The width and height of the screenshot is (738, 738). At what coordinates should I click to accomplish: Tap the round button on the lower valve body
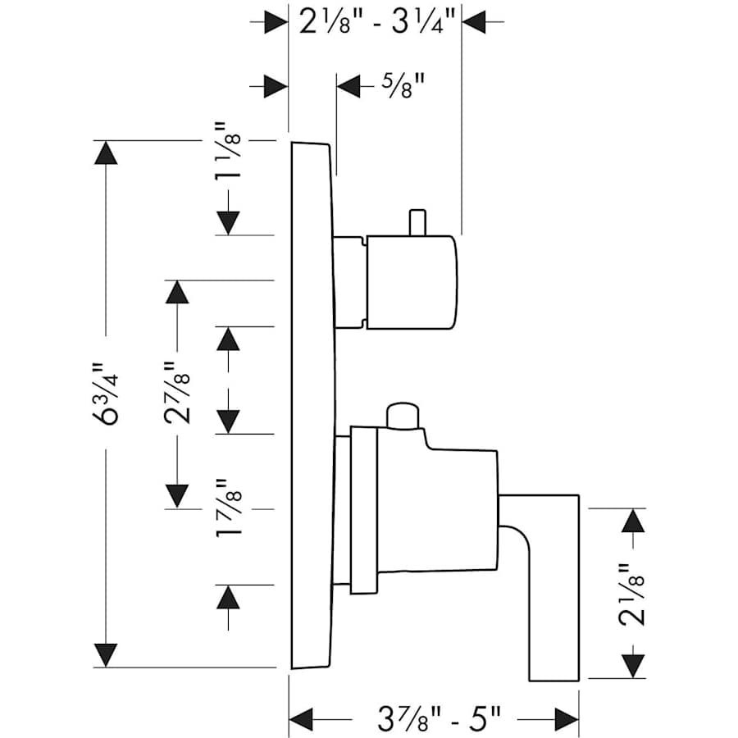coord(403,416)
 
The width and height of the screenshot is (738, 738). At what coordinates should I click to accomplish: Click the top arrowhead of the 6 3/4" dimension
coord(106,153)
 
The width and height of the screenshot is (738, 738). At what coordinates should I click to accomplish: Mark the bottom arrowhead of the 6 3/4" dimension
coord(106,654)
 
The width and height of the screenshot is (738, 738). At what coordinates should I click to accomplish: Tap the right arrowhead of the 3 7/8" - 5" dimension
coord(566,719)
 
